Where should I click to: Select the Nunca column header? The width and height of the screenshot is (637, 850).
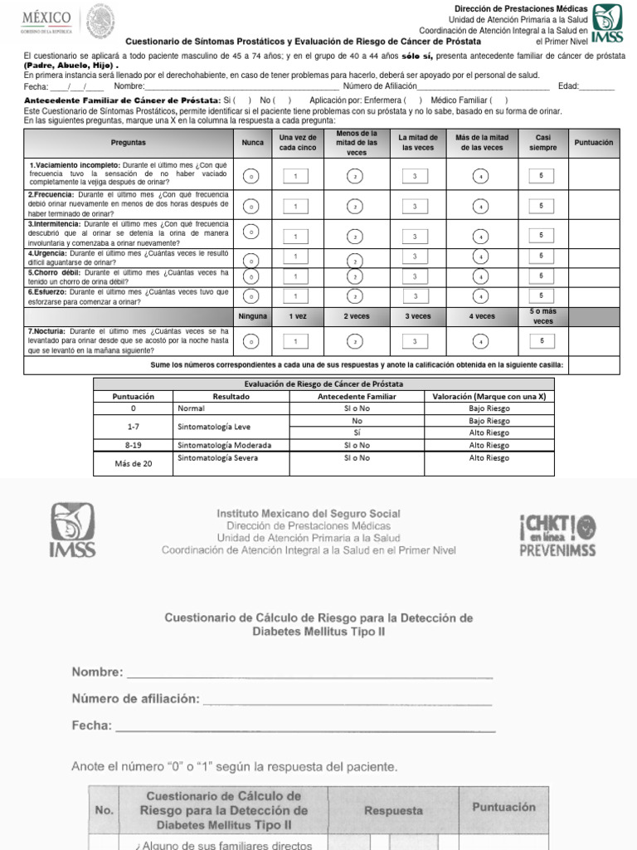tap(252, 143)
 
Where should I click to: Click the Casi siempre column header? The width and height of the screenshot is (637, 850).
tap(542, 143)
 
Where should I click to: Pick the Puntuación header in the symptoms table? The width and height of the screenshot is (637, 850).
tap(594, 143)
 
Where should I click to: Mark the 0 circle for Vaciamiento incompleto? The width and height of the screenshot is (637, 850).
tap(252, 176)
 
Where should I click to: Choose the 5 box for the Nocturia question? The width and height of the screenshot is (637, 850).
tap(542, 340)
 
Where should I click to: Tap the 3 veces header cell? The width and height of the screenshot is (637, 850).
tap(418, 316)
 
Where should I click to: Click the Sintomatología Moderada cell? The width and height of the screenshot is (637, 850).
tap(224, 445)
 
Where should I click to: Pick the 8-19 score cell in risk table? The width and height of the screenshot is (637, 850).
tap(133, 445)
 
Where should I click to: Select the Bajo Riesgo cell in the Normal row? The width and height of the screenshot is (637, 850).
tap(489, 408)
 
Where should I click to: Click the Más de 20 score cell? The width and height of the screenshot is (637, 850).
tap(133, 463)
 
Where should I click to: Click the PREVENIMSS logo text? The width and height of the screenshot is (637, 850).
tap(557, 550)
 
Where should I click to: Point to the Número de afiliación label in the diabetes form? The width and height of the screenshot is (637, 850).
tap(135, 699)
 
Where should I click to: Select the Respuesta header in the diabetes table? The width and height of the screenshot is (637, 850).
tap(393, 810)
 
